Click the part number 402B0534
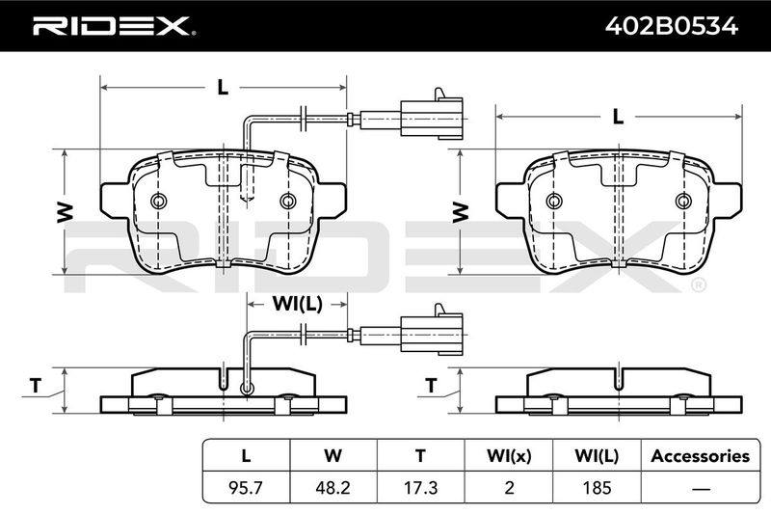coord(671,26)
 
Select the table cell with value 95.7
coord(246,487)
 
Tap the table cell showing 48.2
coord(332,487)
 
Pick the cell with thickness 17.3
coord(420,487)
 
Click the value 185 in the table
coord(597,487)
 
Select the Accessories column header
coord(701,456)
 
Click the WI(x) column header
coord(509,456)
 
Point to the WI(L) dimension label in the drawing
coord(297,304)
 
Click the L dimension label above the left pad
coord(224,88)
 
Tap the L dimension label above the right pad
coord(618,117)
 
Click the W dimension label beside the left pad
coord(65,212)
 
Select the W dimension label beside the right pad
coord(460,212)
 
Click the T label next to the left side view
coord(36,386)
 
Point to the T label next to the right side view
coord(431,386)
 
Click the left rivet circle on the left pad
coord(159,201)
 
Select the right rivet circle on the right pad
coord(683,201)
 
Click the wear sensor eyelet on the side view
coord(247,389)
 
